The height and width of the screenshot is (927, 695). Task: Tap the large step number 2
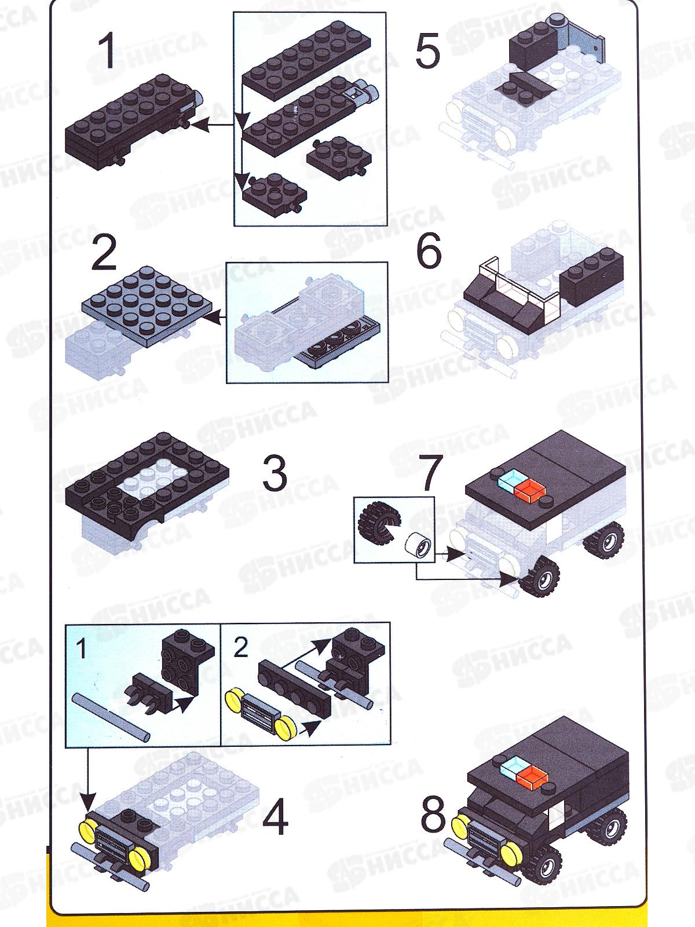(104, 253)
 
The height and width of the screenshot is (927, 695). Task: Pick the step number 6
(429, 251)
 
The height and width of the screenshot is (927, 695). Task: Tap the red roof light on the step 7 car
(528, 490)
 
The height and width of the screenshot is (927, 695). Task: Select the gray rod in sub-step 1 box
(111, 717)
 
